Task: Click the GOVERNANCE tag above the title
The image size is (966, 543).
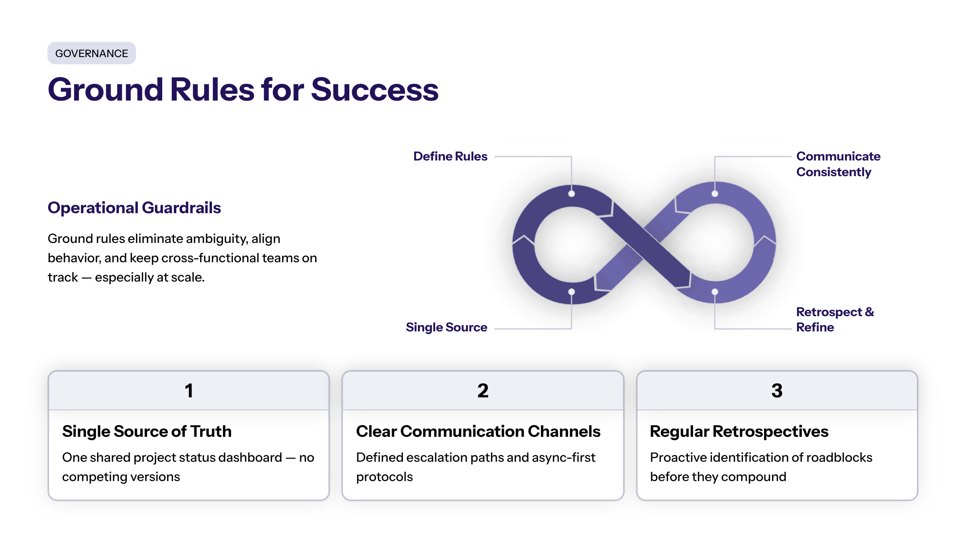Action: click(91, 53)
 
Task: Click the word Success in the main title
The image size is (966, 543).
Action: click(374, 90)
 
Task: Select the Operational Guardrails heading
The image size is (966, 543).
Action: click(134, 208)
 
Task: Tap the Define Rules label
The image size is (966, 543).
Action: click(450, 156)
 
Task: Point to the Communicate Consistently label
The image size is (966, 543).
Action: click(838, 164)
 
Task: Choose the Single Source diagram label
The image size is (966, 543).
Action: click(446, 327)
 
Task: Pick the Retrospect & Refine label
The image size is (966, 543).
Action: click(834, 319)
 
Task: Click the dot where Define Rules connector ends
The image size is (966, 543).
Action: click(571, 194)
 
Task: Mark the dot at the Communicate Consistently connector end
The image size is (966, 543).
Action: click(714, 194)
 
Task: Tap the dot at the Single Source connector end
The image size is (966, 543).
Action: click(571, 292)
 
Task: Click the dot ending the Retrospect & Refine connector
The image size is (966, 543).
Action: click(714, 292)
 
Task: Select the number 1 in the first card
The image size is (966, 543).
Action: click(189, 391)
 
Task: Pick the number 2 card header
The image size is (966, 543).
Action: click(483, 391)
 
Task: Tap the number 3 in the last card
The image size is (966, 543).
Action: click(777, 391)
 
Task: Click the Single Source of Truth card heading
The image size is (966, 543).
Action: click(147, 431)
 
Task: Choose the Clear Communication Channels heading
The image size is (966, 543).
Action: click(478, 431)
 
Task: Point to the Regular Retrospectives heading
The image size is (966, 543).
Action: click(739, 431)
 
